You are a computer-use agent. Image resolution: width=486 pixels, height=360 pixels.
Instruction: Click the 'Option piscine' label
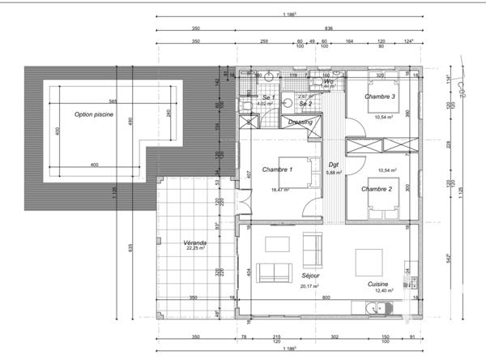pyautogui.click(x=94, y=114)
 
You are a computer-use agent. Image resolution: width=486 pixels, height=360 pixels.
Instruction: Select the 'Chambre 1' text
pyautogui.click(x=277, y=169)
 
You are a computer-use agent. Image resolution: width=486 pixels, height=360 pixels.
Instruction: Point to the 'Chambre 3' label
pyautogui.click(x=380, y=96)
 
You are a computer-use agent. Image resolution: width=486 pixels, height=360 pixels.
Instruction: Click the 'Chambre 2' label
pyautogui.click(x=377, y=188)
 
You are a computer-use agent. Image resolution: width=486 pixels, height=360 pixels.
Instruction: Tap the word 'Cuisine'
pyautogui.click(x=377, y=284)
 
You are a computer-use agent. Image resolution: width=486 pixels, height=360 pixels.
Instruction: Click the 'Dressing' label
pyautogui.click(x=301, y=122)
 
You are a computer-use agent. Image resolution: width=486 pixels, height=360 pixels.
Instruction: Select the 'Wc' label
pyautogui.click(x=329, y=82)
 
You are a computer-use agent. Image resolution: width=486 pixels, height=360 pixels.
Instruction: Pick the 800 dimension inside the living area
pyautogui.click(x=325, y=298)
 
